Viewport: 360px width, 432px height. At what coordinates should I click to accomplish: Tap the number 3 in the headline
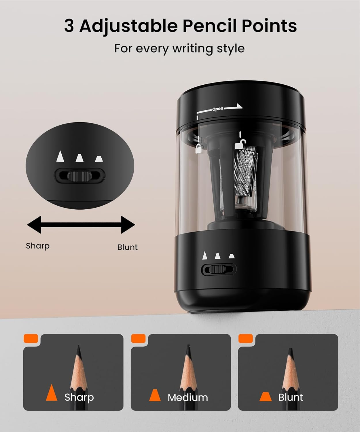[x=69, y=26]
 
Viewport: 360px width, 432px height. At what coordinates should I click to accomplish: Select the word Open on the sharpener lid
[x=218, y=109]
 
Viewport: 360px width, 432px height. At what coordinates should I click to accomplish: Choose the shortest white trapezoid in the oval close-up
[x=99, y=159]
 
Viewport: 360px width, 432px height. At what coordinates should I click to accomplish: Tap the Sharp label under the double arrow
[x=38, y=246]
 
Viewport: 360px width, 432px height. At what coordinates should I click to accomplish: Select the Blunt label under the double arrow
[x=127, y=247]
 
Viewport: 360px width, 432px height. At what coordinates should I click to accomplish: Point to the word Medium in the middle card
[x=188, y=397]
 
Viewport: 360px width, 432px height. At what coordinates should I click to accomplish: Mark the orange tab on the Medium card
[x=138, y=338]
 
